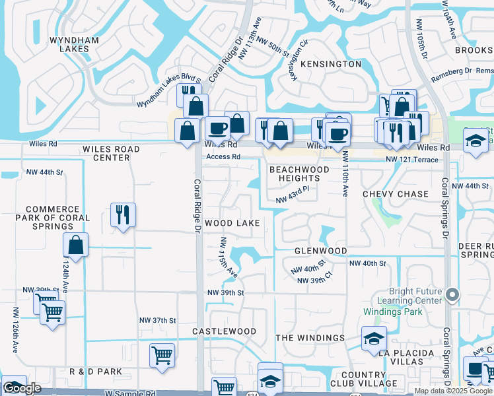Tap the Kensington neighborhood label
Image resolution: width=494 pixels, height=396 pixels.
pyautogui.click(x=331, y=64)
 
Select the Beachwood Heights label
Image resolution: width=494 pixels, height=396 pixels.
pyautogui.click(x=299, y=174)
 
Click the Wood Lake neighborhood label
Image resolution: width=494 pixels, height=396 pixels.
pyautogui.click(x=232, y=223)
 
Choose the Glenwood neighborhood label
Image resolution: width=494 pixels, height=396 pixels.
pyautogui.click(x=320, y=251)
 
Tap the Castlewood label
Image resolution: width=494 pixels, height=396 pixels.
pyautogui.click(x=224, y=331)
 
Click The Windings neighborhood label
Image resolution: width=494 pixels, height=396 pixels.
pyautogui.click(x=310, y=338)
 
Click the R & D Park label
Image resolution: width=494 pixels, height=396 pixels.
pyautogui.click(x=96, y=372)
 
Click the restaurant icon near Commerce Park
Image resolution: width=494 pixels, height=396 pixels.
pyautogui.click(x=123, y=214)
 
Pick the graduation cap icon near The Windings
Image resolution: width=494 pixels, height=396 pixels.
pyautogui.click(x=374, y=339)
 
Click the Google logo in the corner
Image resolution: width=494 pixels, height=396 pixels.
pyautogui.click(x=22, y=388)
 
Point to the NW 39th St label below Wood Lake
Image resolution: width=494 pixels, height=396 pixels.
pyautogui.click(x=226, y=292)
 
